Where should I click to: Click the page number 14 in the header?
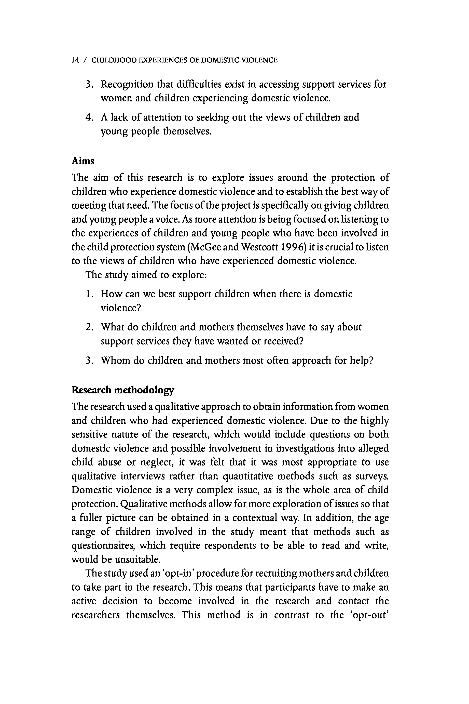tap(75, 60)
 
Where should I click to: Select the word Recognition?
tap(127, 85)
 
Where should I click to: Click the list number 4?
tap(89, 118)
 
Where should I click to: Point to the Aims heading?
tap(83, 161)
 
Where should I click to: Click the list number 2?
tap(89, 327)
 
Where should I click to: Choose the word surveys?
tap(372, 476)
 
